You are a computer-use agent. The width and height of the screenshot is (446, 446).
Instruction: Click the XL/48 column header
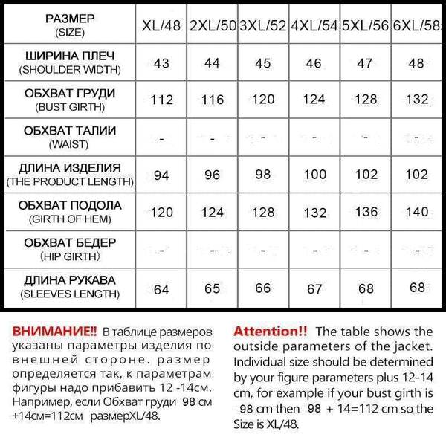(x=161, y=27)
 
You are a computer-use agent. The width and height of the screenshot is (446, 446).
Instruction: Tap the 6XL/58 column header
(x=418, y=27)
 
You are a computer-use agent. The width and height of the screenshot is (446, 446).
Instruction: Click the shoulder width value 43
(x=161, y=63)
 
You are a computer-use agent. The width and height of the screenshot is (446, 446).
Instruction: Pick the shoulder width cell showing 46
(x=314, y=64)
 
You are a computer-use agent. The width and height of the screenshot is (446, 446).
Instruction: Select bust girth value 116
(x=212, y=100)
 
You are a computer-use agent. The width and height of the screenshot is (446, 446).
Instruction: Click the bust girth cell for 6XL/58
(x=418, y=100)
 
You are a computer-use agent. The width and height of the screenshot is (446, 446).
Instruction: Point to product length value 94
(x=161, y=175)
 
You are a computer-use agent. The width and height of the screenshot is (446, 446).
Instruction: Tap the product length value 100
(x=314, y=175)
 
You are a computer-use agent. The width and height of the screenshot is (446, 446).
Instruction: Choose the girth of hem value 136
(x=366, y=212)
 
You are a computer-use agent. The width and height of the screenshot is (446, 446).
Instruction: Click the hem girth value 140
(x=418, y=212)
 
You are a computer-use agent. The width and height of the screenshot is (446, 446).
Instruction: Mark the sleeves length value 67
(x=314, y=288)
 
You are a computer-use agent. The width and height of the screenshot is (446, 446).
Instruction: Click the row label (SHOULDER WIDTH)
(x=70, y=71)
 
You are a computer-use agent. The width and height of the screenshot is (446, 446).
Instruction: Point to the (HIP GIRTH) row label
(x=70, y=256)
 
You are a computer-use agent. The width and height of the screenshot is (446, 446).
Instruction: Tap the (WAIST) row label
(x=70, y=144)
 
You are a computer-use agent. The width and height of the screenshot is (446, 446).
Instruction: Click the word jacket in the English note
(x=413, y=346)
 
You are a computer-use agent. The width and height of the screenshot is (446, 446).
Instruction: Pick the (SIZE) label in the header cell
(x=70, y=33)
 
